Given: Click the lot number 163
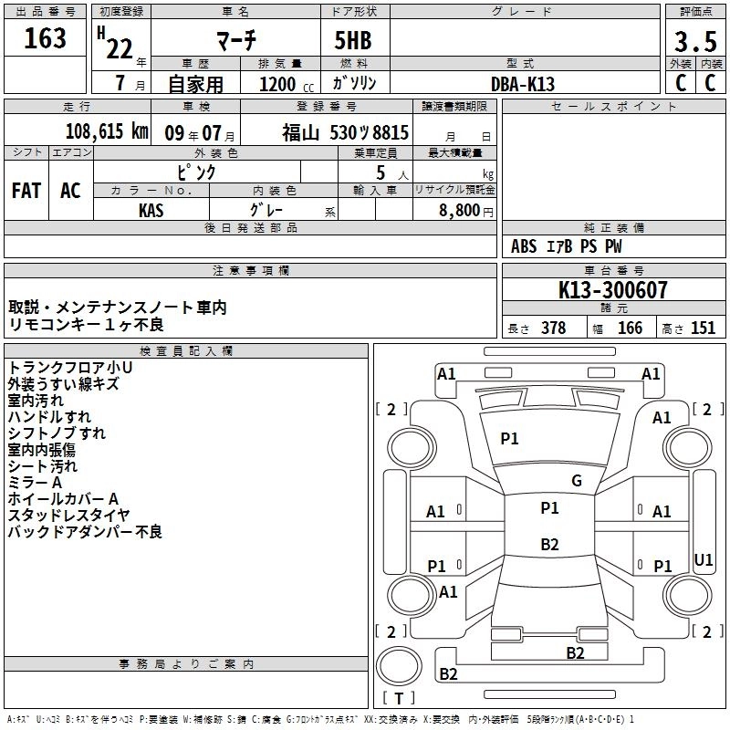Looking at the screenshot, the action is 45,38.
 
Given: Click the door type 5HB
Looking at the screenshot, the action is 345,40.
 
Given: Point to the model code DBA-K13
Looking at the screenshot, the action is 523,84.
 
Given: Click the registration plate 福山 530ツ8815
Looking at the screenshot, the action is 345,132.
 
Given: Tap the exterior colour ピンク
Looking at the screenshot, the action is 196,171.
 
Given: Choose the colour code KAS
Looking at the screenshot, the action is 151,210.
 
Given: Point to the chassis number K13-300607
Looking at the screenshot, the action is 613,290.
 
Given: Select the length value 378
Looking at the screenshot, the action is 553,328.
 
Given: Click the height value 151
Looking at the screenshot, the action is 703,328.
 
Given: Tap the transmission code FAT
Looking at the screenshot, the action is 26,190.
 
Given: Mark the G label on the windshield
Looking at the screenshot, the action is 576,481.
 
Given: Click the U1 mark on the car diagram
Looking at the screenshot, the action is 704,559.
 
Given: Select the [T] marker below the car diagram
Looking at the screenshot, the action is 399,699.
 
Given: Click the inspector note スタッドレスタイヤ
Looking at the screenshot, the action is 68,516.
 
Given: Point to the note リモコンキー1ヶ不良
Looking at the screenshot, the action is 86,324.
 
